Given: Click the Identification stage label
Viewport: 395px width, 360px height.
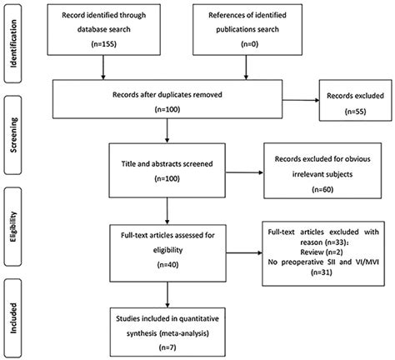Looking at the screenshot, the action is click(x=13, y=43).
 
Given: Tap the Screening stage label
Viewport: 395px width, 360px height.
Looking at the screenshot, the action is click(x=13, y=135).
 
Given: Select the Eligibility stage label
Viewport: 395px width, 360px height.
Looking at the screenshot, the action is click(x=13, y=227).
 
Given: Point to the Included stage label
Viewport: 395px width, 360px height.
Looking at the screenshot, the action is click(x=13, y=318).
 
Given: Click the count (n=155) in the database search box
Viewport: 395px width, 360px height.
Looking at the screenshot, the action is click(x=103, y=44).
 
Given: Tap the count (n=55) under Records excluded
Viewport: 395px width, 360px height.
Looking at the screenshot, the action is click(x=355, y=112).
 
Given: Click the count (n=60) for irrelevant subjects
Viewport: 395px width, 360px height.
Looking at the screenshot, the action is click(x=322, y=189).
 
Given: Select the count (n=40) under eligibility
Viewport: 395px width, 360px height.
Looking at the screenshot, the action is click(x=167, y=265).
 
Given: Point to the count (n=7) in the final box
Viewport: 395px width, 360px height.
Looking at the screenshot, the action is click(x=167, y=347).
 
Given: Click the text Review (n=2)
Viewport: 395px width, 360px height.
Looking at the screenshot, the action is click(x=322, y=252).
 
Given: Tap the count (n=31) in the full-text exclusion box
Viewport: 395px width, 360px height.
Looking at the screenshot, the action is click(x=322, y=272).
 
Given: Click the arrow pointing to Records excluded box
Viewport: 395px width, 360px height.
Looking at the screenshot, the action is click(x=301, y=100).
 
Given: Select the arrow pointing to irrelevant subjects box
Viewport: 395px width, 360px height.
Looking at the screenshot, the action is click(x=244, y=172).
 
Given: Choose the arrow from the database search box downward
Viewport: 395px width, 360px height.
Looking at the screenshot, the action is click(x=103, y=67).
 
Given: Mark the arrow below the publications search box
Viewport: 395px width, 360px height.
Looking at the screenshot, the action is click(x=246, y=67).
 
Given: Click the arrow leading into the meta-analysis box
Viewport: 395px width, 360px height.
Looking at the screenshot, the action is click(x=167, y=294).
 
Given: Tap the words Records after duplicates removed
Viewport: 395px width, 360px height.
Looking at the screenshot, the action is click(x=167, y=95).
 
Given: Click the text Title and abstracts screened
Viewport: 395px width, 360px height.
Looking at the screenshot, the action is click(x=167, y=164).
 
